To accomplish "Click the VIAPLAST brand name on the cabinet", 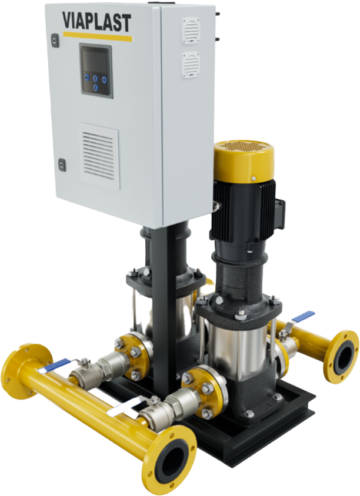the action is pos(96,22).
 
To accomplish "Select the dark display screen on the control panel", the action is pos(95,61).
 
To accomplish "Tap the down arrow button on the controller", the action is pos(96,88).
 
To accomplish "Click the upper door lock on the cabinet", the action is pos(55,40).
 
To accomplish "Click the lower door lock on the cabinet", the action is pos(61,165).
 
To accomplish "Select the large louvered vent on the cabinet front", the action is pos(99,156).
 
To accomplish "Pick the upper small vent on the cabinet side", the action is pos(191,31).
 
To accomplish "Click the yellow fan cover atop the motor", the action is pos(244,160).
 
